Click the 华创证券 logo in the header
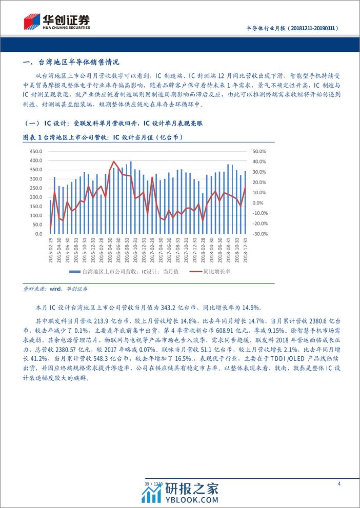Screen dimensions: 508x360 [57, 22]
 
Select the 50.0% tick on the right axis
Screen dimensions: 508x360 [260, 152]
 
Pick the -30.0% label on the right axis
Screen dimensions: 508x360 [260, 234]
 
